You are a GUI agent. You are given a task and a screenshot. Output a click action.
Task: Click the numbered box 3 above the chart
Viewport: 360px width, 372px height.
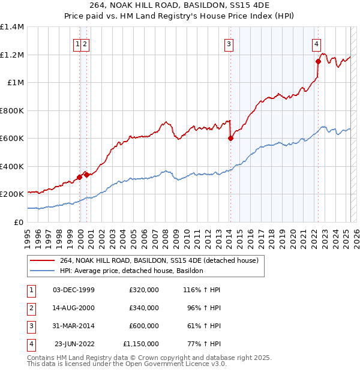pos(229,43)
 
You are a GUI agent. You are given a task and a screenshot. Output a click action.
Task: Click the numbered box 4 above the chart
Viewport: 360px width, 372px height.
pos(316,43)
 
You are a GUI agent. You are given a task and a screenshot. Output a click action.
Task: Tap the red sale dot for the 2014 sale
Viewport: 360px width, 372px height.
pos(230,138)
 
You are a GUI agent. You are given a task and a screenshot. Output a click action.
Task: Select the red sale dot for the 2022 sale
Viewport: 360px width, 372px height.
pos(318,61)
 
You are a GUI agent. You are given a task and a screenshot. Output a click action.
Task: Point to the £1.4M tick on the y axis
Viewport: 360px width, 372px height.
pos(12,27)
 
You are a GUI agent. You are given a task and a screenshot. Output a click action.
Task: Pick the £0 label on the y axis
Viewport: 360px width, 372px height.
pos(19,222)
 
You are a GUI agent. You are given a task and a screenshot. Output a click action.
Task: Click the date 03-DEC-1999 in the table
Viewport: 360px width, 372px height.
pos(74,290)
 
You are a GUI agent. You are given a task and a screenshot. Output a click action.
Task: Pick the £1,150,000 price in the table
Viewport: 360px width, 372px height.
pos(140,344)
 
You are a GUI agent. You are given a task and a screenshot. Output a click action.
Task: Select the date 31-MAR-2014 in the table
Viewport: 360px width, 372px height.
pos(74,326)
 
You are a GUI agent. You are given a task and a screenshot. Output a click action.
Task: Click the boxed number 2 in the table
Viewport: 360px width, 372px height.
pos(30,308)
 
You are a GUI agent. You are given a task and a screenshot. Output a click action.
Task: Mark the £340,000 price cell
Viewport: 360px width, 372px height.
pos(144,308)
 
